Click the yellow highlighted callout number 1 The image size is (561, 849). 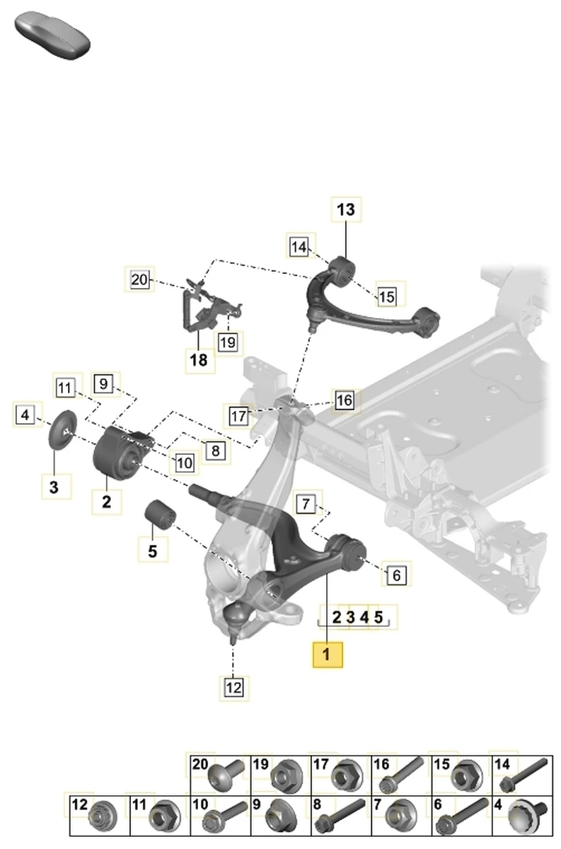tap(327, 654)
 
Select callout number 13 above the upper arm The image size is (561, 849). tap(346, 210)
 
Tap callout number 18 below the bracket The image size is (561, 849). tap(199, 360)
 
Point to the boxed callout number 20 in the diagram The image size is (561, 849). tap(139, 280)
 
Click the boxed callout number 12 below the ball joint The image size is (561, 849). tap(233, 686)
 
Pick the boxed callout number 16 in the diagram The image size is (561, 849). tap(344, 400)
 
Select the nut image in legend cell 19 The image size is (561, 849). tap(287, 775)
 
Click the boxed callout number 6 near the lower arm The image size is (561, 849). tap(395, 575)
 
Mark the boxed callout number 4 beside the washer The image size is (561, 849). tap(25, 415)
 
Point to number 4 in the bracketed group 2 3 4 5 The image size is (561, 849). tap(364, 617)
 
